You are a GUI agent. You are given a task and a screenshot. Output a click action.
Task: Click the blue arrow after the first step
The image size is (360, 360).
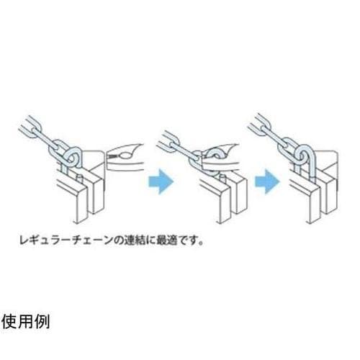161,181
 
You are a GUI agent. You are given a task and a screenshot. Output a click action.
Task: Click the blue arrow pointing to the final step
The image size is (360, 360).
267,181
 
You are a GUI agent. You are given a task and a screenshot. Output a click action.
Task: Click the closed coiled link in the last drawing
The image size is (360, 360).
303,155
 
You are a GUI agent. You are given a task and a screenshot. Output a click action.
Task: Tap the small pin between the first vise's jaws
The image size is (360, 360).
79,179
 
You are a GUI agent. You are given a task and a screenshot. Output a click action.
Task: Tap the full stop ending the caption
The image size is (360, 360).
201,243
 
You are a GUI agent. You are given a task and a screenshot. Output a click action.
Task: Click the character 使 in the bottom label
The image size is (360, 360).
9,322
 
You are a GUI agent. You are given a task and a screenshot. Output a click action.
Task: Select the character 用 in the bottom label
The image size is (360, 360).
25,322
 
